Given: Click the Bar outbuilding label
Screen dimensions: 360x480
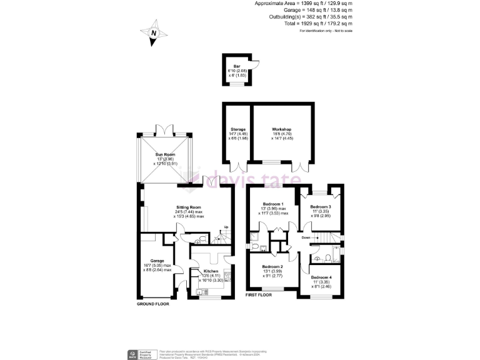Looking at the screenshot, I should [x=236, y=66].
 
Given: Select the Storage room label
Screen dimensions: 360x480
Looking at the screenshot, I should [x=237, y=129].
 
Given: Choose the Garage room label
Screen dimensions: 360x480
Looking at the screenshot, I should [x=156, y=261].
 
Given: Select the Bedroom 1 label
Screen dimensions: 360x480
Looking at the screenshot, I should [x=273, y=204].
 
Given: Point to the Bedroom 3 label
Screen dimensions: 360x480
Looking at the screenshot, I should [x=321, y=207].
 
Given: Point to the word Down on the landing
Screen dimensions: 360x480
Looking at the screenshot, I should [x=306, y=237].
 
